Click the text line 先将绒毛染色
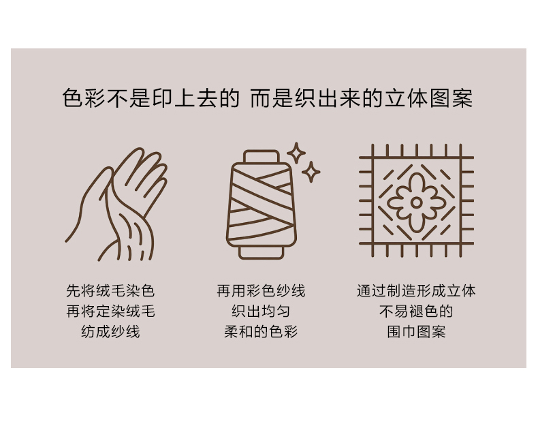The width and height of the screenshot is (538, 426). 110,291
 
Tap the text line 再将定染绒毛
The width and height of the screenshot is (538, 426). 110,311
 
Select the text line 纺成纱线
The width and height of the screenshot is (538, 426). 110,332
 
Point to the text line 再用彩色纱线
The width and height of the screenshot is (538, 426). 261,291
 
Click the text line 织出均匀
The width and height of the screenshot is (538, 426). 261,311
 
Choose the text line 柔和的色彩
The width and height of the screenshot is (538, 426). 261,332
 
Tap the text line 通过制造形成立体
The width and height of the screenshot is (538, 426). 416,291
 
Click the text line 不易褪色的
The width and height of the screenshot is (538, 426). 416,311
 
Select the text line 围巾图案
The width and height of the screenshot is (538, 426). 416,332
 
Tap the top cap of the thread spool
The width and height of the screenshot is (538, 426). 262,156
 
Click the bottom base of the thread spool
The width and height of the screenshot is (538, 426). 261,253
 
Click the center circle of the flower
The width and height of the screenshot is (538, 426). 416,202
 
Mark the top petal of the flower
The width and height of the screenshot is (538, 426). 417,184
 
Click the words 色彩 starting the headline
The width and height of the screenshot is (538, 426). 84,98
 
